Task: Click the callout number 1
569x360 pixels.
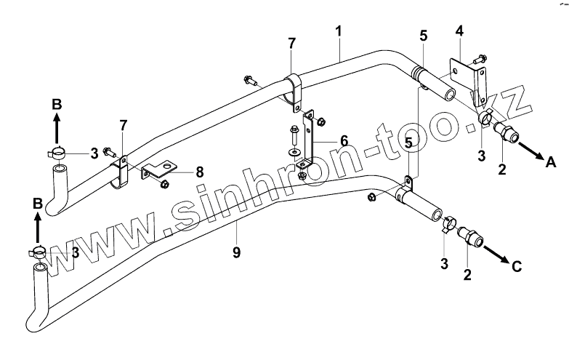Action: [339, 33]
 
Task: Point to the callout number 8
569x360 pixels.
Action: [198, 172]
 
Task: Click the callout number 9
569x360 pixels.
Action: [237, 252]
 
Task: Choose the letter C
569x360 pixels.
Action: [517, 267]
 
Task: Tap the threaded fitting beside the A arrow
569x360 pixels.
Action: [503, 132]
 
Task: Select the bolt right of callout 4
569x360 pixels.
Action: [479, 57]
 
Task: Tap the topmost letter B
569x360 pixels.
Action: [57, 105]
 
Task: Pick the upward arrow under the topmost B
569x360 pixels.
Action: [57, 131]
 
